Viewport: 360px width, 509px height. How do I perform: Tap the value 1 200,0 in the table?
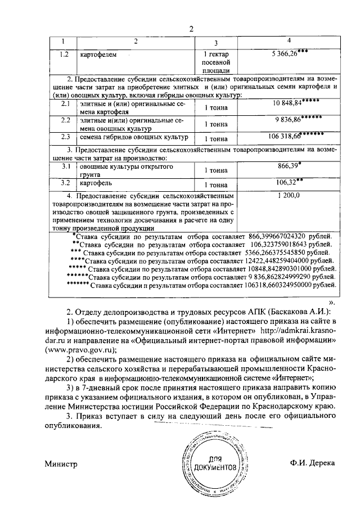pyautogui.click(x=289, y=195)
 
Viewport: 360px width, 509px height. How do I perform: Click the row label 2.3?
pyautogui.click(x=65, y=136)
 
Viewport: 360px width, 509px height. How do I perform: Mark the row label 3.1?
pyautogui.click(x=65, y=168)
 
